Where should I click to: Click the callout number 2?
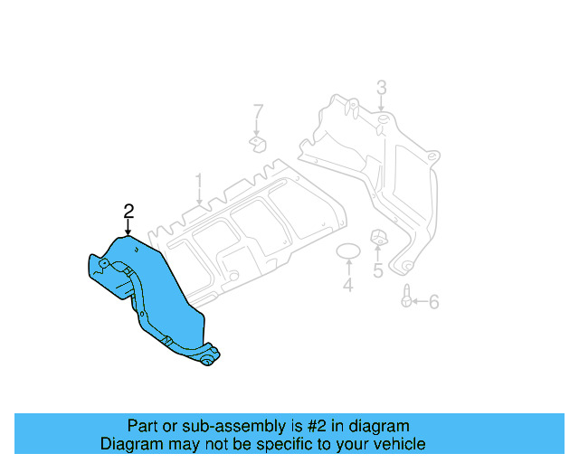click(x=128, y=211)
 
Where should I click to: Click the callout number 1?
click(x=199, y=185)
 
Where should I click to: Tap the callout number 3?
click(x=381, y=88)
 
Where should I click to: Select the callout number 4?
click(x=347, y=287)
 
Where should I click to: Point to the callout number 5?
click(x=378, y=269)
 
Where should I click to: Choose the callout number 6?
click(x=433, y=301)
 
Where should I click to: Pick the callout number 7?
click(x=258, y=112)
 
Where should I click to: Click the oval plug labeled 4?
click(x=348, y=250)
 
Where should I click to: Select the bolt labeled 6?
click(x=406, y=296)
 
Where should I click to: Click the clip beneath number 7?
click(x=258, y=144)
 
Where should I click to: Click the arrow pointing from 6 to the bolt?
click(x=419, y=301)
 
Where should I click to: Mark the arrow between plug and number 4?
click(x=348, y=269)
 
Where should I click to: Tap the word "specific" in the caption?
click(x=278, y=444)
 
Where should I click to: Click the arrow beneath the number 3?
click(x=381, y=106)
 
